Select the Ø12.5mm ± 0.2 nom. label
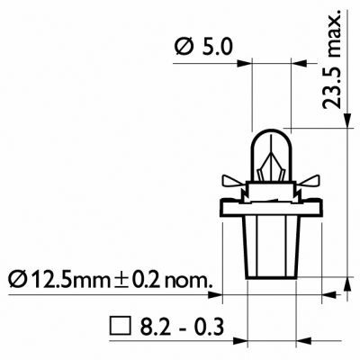pos(107,280)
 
